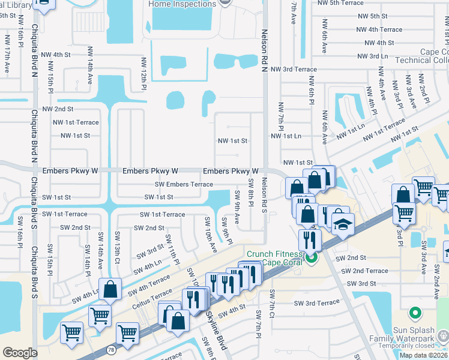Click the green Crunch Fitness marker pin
pyautogui.click(x=310, y=259)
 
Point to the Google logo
pyautogui.click(x=20, y=353)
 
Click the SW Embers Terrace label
pyautogui.click(x=184, y=184)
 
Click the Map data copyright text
pyautogui.click(x=424, y=355)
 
